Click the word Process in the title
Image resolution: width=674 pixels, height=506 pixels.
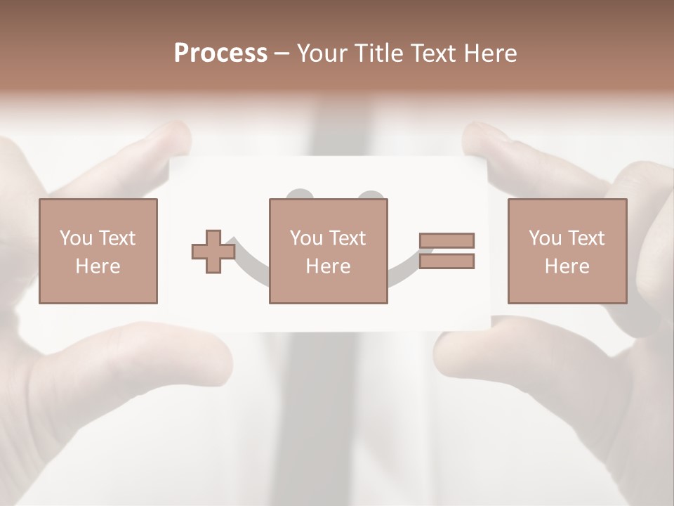pyautogui.click(x=220, y=53)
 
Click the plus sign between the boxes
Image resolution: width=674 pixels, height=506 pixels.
pyautogui.click(x=213, y=252)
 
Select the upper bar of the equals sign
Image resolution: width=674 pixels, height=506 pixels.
pyautogui.click(x=447, y=241)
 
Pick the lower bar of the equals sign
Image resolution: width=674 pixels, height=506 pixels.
pyautogui.click(x=447, y=261)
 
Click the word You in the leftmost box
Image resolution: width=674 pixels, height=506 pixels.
pyautogui.click(x=76, y=238)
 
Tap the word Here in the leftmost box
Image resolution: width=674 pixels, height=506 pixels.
pyautogui.click(x=98, y=266)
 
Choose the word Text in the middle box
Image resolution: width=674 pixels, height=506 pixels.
pyautogui.click(x=346, y=238)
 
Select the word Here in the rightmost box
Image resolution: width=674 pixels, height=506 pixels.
pyautogui.click(x=567, y=266)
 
